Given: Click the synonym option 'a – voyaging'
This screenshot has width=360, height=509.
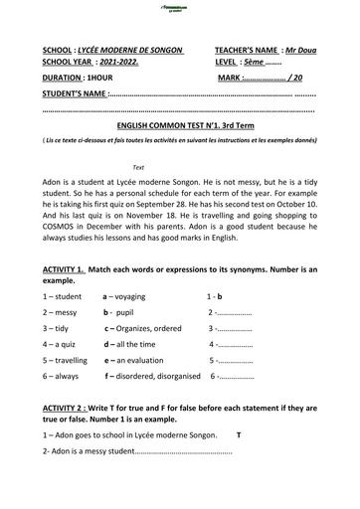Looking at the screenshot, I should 124,296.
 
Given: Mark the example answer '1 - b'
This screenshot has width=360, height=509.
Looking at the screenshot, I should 214,296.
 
